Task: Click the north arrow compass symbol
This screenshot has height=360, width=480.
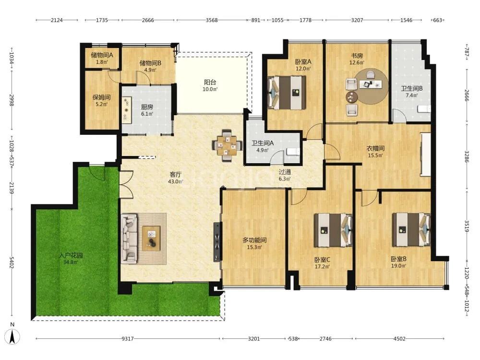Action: point(12,337)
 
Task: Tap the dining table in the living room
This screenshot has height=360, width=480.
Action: point(227,145)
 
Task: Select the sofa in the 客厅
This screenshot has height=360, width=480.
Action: point(129,239)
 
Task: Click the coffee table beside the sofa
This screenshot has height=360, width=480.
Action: point(151,239)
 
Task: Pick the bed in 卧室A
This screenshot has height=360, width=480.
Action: point(287,93)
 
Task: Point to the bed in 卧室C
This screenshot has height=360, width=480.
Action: point(333,230)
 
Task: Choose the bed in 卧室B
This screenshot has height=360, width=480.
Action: point(411,229)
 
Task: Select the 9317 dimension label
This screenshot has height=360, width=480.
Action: point(128,338)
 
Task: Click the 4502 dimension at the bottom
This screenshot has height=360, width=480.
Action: point(399,338)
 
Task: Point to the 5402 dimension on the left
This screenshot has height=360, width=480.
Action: point(12,263)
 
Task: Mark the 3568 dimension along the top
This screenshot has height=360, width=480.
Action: point(212,20)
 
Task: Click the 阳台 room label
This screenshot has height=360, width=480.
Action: point(210,82)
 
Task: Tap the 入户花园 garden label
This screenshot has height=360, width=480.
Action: point(71,255)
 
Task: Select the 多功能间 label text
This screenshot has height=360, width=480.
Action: point(254,240)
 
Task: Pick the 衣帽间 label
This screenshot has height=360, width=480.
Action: point(375,148)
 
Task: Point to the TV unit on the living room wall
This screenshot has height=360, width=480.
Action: point(217,241)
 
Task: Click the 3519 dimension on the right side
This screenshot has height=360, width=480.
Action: point(467,226)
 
